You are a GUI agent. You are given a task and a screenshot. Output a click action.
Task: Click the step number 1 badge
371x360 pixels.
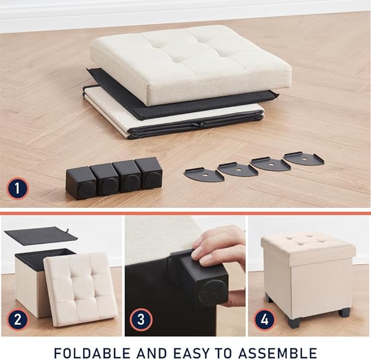(x=17, y=189)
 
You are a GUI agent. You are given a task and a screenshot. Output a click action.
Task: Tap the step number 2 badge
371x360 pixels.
(x=17, y=320)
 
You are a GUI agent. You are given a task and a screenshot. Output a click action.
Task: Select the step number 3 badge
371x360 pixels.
(x=141, y=320)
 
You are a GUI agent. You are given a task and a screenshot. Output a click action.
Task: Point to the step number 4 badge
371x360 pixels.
(x=264, y=320)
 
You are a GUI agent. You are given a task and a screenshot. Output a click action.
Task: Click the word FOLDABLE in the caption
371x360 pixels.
(x=92, y=353)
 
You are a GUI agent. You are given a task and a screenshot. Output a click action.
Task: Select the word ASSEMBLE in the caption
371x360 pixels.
(x=278, y=353)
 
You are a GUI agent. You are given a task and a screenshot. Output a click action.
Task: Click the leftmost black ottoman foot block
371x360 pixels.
(x=81, y=183)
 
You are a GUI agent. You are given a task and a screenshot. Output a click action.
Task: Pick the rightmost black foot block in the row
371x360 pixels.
(x=149, y=173)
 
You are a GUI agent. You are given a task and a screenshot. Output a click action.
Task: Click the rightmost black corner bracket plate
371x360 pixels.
(x=304, y=159)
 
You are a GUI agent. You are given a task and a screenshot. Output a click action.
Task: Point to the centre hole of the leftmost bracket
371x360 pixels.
(x=205, y=175)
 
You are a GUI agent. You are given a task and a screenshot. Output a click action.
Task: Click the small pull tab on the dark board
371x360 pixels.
(x=68, y=230)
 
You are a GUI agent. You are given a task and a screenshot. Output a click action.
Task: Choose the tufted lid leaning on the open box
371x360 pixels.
(x=80, y=289)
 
